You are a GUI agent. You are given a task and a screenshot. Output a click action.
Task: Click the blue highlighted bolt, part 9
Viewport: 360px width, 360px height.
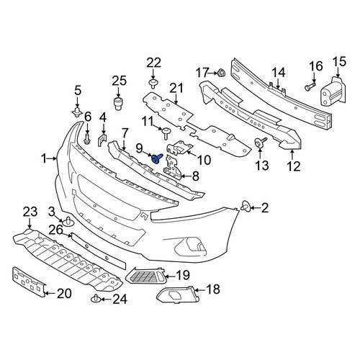pos(157,158)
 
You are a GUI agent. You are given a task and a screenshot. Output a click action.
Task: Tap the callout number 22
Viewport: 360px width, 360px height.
pos(153,63)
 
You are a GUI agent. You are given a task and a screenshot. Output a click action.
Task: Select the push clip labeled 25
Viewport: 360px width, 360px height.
pos(117,104)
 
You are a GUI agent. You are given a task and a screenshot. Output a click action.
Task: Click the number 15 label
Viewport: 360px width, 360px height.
pos(339,61)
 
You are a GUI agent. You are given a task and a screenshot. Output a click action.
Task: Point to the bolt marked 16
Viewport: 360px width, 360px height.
pos(310,86)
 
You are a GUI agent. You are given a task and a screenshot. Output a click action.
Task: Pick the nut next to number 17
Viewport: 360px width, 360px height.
pos(221,72)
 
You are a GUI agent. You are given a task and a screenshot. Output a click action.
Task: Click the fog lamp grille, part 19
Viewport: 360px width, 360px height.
pos(145,275)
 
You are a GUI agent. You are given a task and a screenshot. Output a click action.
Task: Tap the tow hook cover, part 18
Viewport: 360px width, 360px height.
pos(178,295)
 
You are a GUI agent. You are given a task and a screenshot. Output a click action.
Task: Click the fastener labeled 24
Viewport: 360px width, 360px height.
pos(95,299)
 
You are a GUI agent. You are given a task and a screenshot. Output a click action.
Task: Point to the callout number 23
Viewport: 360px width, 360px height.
pos(30,212)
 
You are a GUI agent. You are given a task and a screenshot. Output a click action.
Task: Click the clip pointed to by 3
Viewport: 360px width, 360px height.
pos(68,222)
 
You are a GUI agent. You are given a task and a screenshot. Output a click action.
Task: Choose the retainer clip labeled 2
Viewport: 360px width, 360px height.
pos(246,207)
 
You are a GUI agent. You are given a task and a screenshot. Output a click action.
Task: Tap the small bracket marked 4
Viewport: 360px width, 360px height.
pos(102,140)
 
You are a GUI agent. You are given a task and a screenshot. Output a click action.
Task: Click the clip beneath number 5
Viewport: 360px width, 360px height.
pos(77,112)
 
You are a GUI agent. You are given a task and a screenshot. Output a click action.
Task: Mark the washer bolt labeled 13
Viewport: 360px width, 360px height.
pos(260,143)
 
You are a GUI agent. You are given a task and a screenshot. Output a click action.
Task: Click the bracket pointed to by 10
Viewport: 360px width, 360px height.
pos(180,148)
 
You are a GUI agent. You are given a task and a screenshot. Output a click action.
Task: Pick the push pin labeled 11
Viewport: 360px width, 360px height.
pos(166,133)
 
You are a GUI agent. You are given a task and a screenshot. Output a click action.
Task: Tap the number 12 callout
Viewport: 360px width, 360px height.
pos(294,166)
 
